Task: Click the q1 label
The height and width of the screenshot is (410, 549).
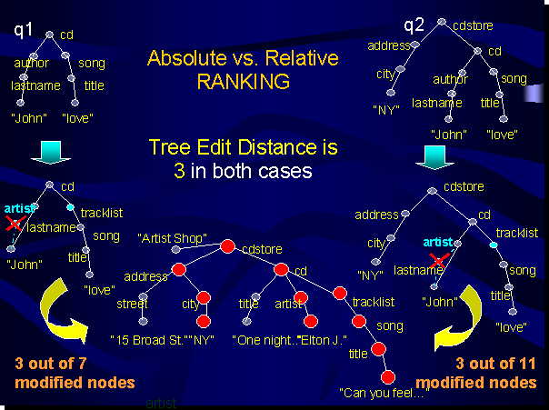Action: click(x=24, y=31)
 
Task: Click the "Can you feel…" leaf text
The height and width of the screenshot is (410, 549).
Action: click(x=383, y=393)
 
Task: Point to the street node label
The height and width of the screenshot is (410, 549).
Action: click(x=132, y=305)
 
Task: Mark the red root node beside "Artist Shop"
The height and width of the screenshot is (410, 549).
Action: click(x=227, y=245)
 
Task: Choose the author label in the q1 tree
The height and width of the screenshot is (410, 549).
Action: click(x=32, y=64)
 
